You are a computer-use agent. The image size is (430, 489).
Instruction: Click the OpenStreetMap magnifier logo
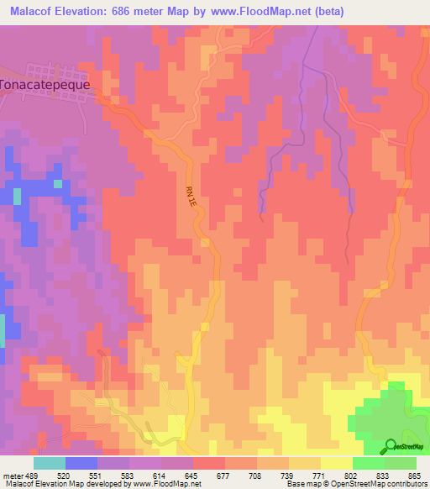391,446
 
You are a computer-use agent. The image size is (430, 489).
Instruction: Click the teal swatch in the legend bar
50,463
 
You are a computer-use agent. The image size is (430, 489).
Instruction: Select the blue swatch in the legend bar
81,463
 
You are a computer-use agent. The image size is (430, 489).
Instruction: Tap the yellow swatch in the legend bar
336,463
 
